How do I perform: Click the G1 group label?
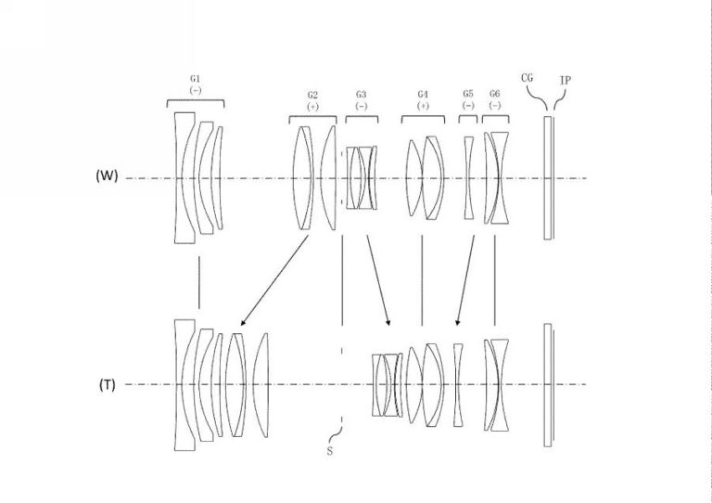click(196, 79)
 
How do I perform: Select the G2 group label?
click(312, 95)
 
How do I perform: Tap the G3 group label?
click(361, 94)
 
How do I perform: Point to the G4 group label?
click(423, 94)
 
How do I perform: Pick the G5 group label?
click(468, 94)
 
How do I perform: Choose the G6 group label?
click(495, 94)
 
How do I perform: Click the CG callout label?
click(528, 78)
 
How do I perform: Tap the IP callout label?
click(566, 81)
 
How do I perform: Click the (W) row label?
click(107, 175)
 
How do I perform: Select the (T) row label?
click(108, 385)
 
